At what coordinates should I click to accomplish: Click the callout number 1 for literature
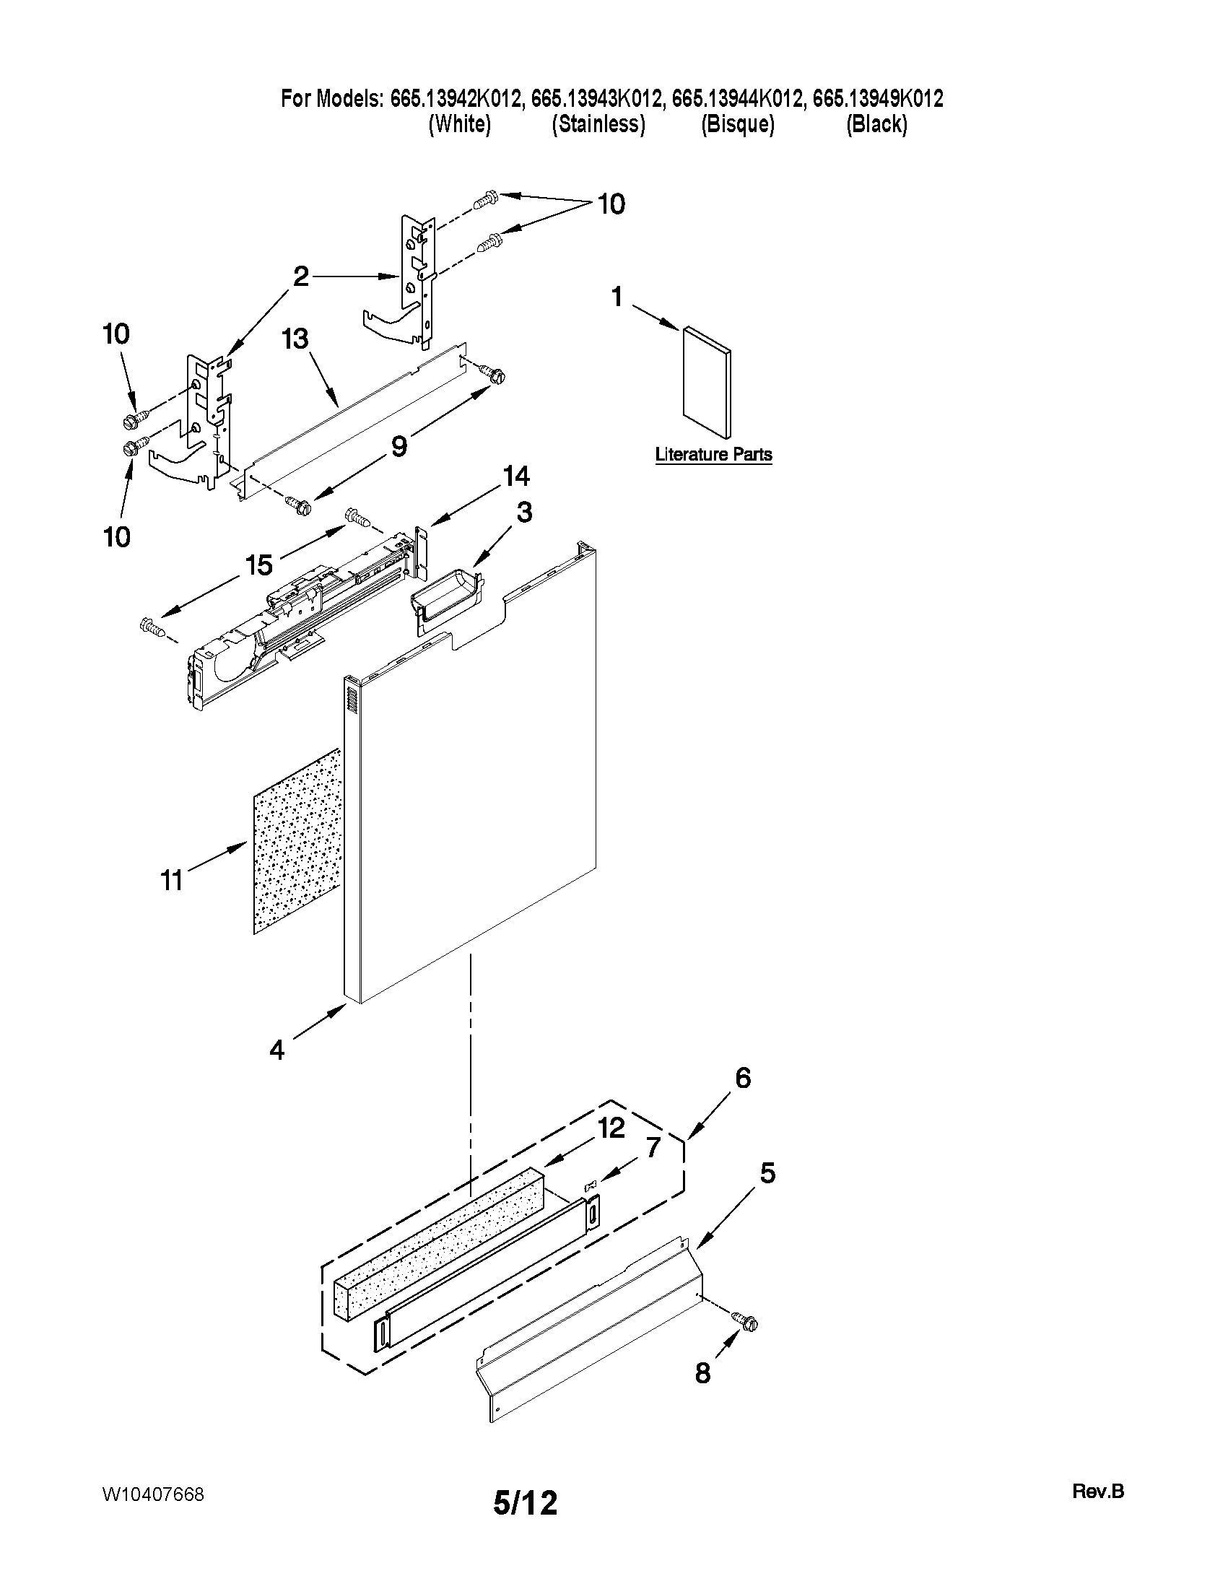617,297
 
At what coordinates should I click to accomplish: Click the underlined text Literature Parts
713,455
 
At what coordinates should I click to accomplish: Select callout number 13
295,339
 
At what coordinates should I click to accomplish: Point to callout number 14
515,476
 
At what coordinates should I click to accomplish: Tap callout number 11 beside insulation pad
171,881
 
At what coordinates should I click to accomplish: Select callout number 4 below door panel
276,1050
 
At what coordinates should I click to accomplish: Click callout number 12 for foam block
611,1128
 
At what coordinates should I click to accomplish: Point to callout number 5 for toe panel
767,1173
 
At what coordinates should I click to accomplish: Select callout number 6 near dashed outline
742,1078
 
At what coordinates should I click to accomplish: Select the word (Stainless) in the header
598,124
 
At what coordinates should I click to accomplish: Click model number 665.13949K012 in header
877,98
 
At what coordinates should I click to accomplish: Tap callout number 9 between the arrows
399,445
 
